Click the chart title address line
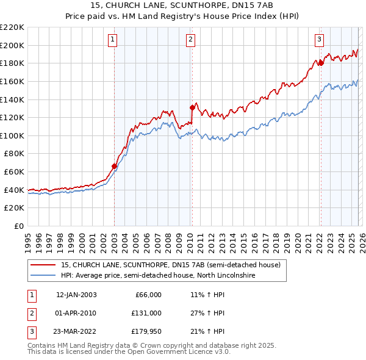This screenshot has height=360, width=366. [182, 5]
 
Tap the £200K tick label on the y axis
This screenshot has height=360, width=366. [12, 45]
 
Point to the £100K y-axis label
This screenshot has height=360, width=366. [12, 135]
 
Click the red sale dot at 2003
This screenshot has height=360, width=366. [114, 166]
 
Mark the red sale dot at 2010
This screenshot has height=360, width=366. [192, 107]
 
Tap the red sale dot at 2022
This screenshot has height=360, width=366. [321, 63]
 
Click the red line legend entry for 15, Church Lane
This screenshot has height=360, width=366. [170, 265]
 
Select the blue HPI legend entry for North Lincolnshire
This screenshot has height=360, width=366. [159, 276]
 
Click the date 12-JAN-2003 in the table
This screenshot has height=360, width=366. [76, 295]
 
